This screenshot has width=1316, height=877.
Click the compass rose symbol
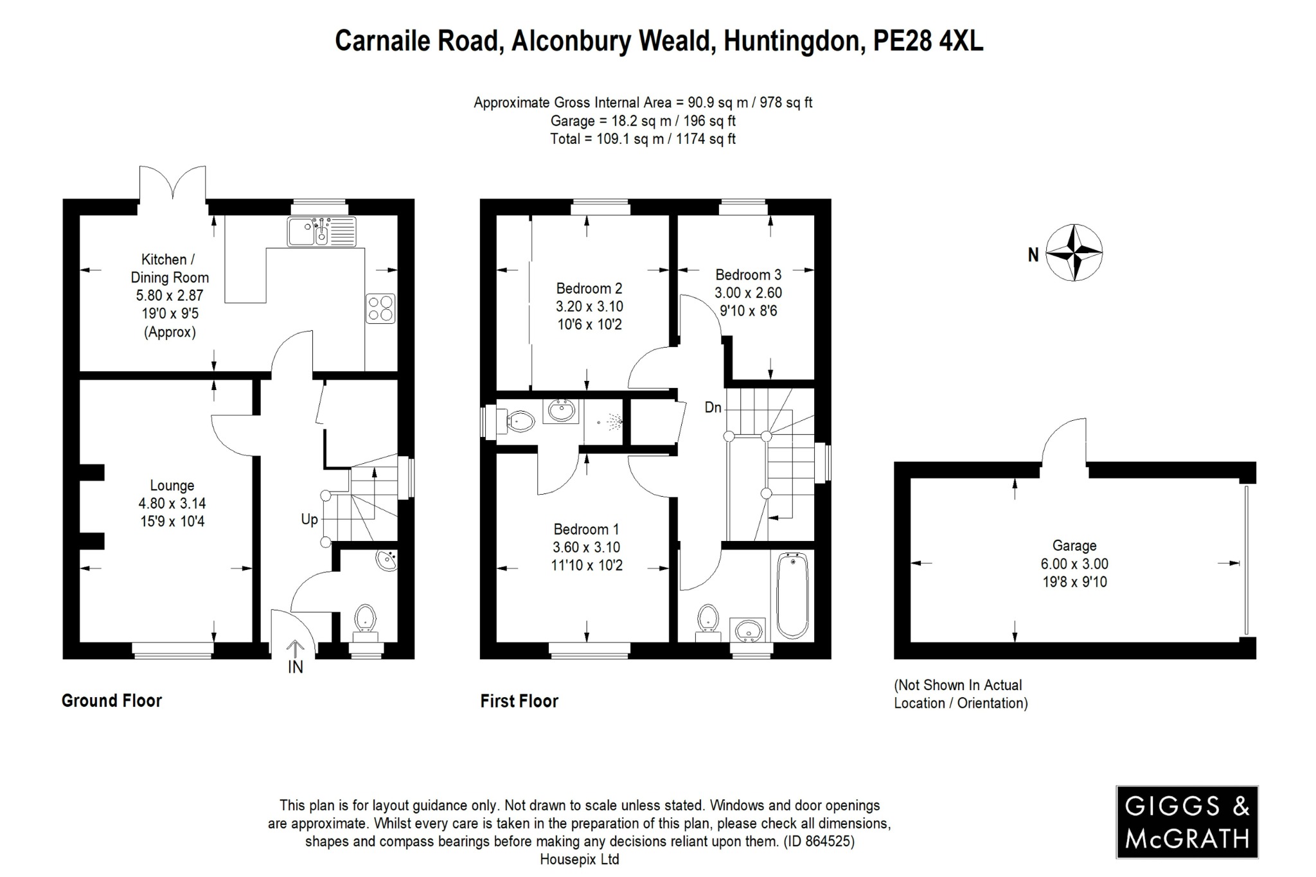pyautogui.click(x=1074, y=252)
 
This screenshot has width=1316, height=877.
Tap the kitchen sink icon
pyautogui.click(x=321, y=231)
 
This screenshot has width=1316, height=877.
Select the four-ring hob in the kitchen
pyautogui.click(x=380, y=308)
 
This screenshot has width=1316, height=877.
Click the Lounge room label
pyautogui.click(x=172, y=486)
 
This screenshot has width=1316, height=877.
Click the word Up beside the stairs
pyautogui.click(x=309, y=519)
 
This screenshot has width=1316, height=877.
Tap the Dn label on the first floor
pyautogui.click(x=713, y=407)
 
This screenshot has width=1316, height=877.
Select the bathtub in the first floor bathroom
pyautogui.click(x=792, y=596)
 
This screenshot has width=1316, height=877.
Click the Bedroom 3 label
pyautogui.click(x=748, y=275)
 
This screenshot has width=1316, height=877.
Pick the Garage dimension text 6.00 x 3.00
pyautogui.click(x=1074, y=564)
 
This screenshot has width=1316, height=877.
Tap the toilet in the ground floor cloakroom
pyautogui.click(x=365, y=618)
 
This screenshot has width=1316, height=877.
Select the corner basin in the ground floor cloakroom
pyautogui.click(x=387, y=560)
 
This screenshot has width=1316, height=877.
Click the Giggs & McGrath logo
pyautogui.click(x=1186, y=822)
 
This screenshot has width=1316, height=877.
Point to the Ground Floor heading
pyautogui.click(x=111, y=700)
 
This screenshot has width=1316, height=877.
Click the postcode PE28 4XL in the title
pyautogui.click(x=927, y=41)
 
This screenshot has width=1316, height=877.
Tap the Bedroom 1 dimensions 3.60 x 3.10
pyautogui.click(x=587, y=547)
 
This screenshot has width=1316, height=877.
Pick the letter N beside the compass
pyautogui.click(x=1033, y=255)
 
